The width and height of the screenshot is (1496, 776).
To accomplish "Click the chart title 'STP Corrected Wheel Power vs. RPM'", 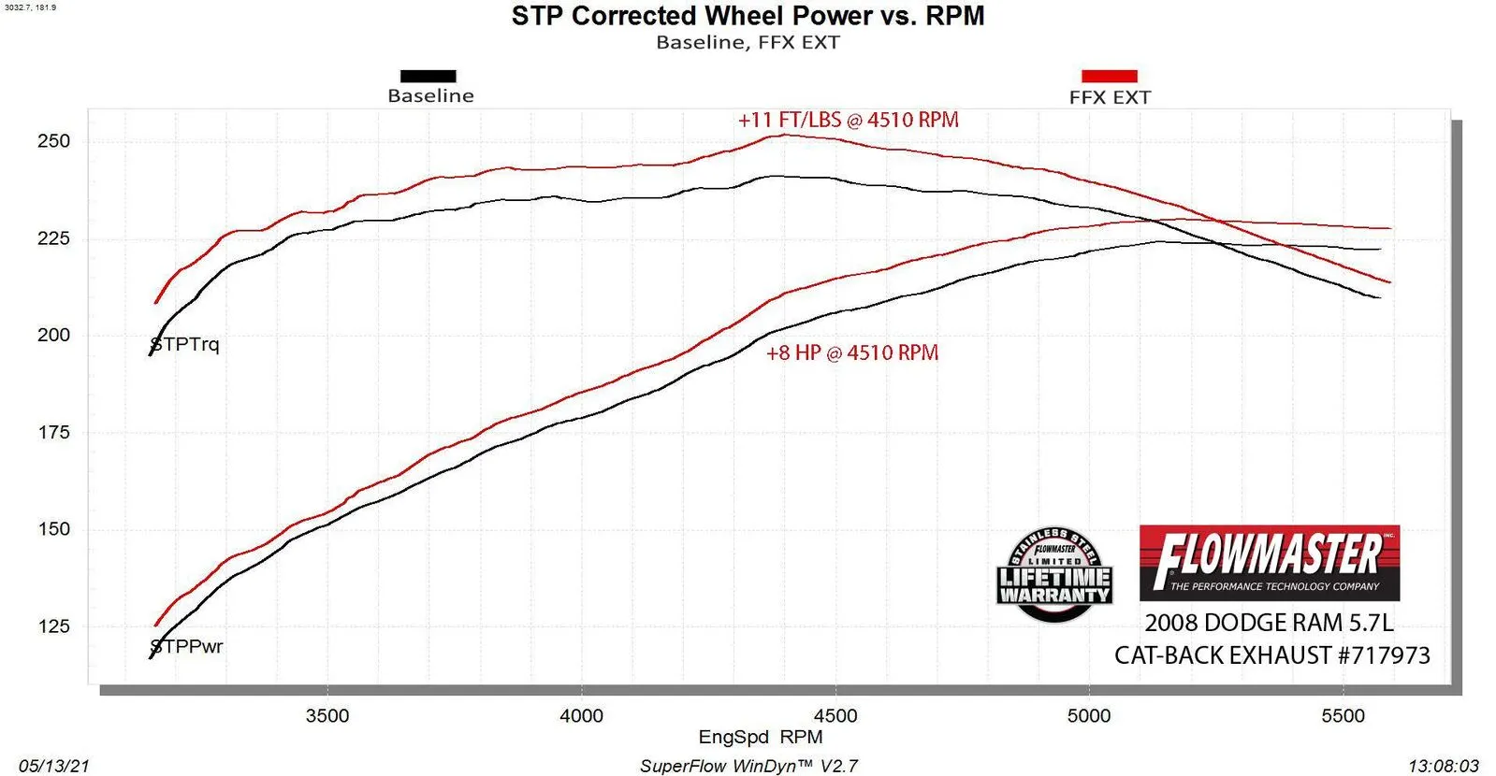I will (x=748, y=16).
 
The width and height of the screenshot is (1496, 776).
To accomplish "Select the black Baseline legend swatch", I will (x=428, y=76).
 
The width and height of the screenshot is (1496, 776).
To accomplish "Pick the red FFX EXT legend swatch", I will (x=1109, y=76).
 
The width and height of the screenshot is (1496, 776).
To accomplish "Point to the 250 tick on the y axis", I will (x=53, y=141).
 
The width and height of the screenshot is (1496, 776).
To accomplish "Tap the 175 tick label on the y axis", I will (x=53, y=432).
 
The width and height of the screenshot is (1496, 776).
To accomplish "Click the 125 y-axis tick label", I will (x=53, y=626).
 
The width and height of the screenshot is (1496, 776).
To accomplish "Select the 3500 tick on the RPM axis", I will (x=327, y=716).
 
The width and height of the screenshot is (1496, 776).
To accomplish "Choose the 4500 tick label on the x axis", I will (x=835, y=716).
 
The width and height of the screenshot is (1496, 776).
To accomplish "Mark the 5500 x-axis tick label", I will (x=1343, y=716).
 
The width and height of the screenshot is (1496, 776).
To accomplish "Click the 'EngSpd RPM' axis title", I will (x=760, y=737).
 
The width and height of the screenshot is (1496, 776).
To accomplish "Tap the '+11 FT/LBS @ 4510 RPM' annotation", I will (x=848, y=120).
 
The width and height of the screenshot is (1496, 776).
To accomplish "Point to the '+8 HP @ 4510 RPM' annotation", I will (x=851, y=353).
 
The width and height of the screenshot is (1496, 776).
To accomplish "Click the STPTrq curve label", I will (x=185, y=344).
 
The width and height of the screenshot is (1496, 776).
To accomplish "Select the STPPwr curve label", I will (x=187, y=646).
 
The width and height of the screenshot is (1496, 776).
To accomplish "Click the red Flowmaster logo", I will (x=1269, y=562).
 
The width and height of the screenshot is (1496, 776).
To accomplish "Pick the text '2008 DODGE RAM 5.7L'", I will (x=1269, y=623).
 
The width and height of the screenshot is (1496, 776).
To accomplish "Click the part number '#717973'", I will (x=1384, y=655).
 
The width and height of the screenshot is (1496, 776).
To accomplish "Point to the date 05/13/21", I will (x=54, y=766).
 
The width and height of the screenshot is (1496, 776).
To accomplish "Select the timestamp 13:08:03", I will (x=1443, y=766).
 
